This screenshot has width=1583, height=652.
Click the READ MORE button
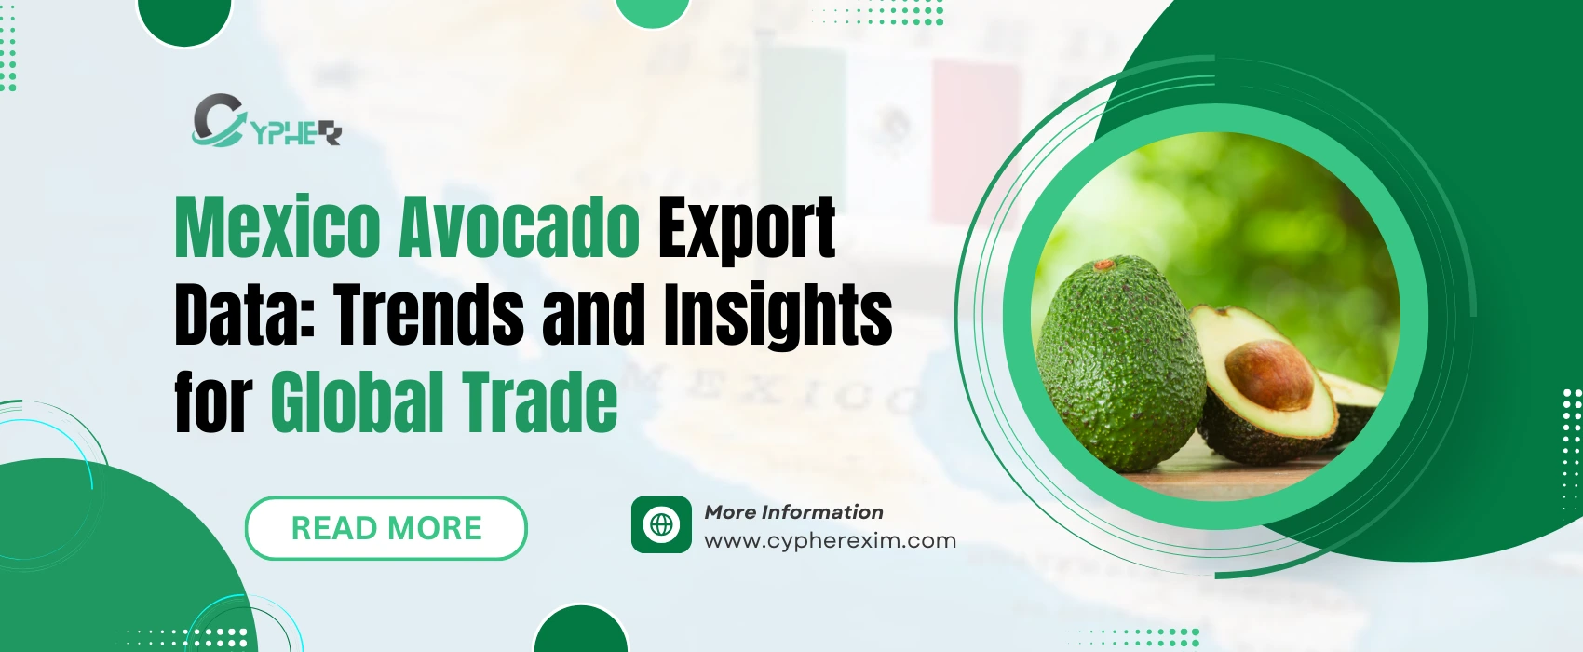click(386, 528)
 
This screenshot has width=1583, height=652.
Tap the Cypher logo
click(266, 121)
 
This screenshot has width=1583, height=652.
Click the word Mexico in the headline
click(277, 227)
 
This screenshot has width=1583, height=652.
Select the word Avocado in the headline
click(519, 227)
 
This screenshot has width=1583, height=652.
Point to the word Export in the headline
click(747, 227)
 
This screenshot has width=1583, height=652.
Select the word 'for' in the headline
click(213, 402)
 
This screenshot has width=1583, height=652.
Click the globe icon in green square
click(661, 524)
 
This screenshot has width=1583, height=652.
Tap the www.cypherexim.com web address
click(830, 540)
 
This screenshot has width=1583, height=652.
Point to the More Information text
click(793, 511)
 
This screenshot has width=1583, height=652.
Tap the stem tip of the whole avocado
click(1103, 265)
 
